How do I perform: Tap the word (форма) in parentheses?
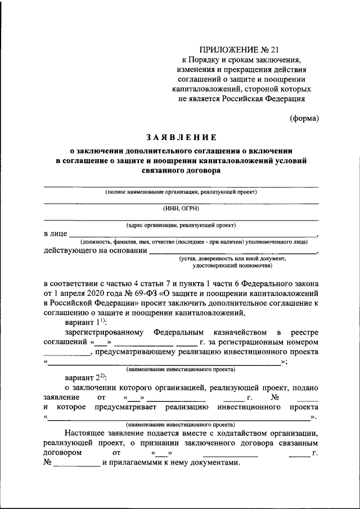tap(304, 118)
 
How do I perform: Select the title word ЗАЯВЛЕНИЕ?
tap(181, 137)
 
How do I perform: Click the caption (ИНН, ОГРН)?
tap(181, 208)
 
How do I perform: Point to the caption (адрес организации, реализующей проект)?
tap(181, 225)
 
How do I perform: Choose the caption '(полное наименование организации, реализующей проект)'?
tap(181, 192)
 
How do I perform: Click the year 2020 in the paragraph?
tap(98, 294)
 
